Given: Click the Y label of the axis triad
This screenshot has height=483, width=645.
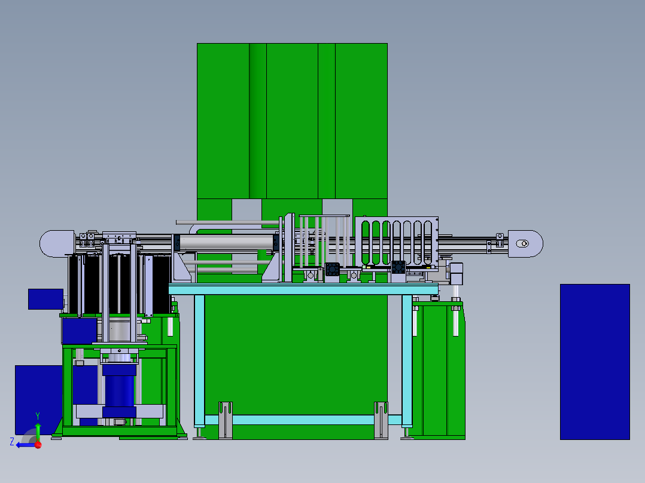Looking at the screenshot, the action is tap(38, 416).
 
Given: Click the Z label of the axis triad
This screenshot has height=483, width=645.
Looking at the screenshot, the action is tap(12, 442).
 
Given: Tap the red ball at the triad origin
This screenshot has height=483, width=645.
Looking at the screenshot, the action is tap(38, 445).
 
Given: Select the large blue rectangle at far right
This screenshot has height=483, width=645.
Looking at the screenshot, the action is tap(595, 362).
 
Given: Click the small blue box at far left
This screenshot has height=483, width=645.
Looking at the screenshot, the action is tap(45, 299).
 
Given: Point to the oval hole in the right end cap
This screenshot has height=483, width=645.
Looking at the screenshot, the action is tap(522, 244).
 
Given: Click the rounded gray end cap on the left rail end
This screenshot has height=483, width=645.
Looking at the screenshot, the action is tap(57, 244).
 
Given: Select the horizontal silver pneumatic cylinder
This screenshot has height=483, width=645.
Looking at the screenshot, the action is tap(226, 243).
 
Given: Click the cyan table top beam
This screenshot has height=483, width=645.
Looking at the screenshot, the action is tap(303, 289).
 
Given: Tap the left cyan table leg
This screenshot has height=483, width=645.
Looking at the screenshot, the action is tap(199, 360).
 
